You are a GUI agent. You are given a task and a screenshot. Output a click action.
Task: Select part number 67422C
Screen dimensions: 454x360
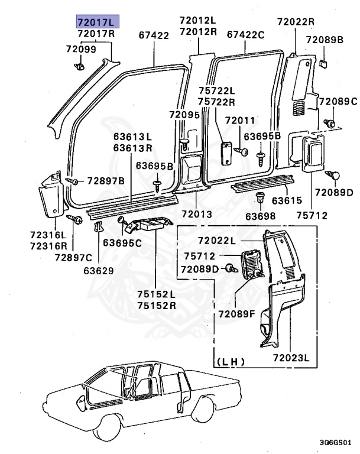[x=245, y=35]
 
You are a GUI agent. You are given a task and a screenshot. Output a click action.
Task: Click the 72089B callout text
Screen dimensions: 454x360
[x=325, y=40]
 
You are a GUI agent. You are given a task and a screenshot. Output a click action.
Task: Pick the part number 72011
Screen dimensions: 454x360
[x=239, y=121]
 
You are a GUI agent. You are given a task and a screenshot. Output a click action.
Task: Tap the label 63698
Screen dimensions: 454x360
[x=261, y=216]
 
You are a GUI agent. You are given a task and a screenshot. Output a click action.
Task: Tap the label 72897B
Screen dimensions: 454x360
[x=106, y=180]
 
